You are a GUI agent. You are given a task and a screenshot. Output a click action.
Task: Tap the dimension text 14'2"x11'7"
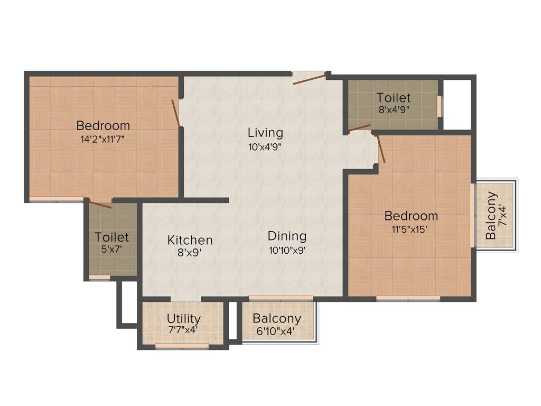[x=103, y=140]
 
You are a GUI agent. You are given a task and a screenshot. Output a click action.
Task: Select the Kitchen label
[x=190, y=240]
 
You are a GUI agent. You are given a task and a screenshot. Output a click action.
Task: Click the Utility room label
[x=183, y=319]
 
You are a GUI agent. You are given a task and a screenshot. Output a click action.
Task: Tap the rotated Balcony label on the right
[x=491, y=215]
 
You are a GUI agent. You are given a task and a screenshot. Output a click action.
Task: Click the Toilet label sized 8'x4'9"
[x=394, y=98]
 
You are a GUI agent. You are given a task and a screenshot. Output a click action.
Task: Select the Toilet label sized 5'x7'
[x=111, y=237]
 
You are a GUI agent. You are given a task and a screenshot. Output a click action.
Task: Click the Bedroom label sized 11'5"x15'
[x=411, y=216]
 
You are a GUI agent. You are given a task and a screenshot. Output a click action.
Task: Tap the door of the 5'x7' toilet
[x=99, y=204]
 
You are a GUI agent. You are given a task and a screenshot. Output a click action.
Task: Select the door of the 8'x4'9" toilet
[x=359, y=127]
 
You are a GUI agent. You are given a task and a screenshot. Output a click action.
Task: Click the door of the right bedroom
[x=381, y=149]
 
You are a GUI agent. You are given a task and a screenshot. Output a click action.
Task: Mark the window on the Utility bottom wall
[x=182, y=346]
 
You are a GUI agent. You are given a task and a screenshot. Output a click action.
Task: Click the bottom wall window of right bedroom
[x=408, y=299]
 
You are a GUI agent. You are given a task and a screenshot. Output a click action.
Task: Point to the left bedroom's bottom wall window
[x=56, y=200]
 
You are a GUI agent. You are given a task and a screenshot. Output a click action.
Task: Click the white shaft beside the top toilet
[x=456, y=104]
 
